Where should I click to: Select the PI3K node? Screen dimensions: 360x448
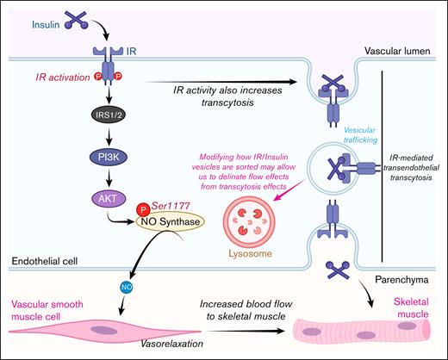[103, 158]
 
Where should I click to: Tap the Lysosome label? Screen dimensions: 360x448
[245, 254]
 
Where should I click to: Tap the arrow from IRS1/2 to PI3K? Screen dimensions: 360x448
[103, 135]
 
